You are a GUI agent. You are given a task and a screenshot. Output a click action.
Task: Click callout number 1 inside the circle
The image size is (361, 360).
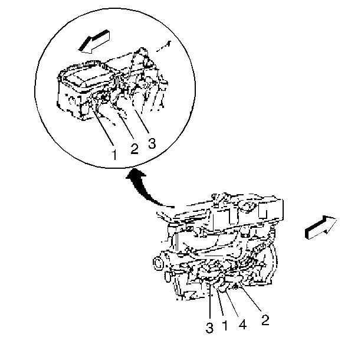pos(114,154)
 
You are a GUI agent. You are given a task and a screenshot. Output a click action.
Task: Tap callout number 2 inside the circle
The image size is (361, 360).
pos(134,149)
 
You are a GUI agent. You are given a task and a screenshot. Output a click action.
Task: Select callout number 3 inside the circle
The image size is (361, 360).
pos(152,143)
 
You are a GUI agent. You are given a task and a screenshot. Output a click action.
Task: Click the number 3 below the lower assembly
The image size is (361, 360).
pos(209,328)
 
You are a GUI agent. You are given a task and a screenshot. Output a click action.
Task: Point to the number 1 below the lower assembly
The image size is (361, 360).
pos(225,325)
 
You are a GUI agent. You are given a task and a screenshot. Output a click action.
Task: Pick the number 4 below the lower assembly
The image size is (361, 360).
pos(242,325)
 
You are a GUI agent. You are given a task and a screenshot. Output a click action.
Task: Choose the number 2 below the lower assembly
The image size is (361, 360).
pos(265,320)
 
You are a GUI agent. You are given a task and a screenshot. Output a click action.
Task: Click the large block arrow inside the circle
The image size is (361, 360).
pos(94,41)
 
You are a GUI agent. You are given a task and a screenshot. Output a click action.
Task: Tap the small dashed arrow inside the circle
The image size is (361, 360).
pos(163,46)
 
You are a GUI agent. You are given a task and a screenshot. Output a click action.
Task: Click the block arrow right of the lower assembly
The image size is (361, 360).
pos(321,227)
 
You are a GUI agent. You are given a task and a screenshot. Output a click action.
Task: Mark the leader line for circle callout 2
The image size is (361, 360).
pos(126,126)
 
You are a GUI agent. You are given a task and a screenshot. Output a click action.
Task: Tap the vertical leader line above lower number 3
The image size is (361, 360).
pos(210,302)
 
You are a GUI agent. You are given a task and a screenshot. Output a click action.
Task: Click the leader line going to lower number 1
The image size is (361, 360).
pos(220,302)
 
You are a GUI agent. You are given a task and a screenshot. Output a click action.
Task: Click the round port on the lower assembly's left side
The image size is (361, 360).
pos(158,264)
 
